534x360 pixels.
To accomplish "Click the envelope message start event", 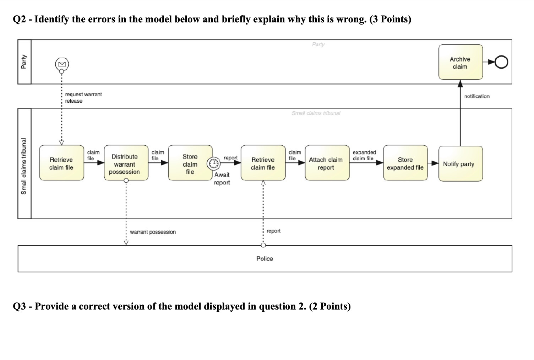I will tap(62, 64).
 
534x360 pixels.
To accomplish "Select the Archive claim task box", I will tap(461, 62).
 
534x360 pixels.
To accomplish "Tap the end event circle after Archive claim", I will tap(501, 63).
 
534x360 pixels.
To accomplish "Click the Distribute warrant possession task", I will tap(126, 163).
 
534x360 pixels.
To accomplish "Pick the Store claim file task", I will tap(190, 163).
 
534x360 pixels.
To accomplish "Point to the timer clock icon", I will tap(213, 163).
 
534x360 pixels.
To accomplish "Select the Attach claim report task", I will tap(327, 163).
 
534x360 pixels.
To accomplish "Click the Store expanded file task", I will tap(405, 163).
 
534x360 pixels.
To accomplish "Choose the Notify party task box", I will tap(461, 164).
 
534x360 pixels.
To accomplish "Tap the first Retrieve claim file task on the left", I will tap(61, 163).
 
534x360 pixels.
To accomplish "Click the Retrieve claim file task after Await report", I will tap(263, 163).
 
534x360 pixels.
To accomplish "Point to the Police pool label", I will tap(265, 259).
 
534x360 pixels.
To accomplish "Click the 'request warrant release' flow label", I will tap(83, 98).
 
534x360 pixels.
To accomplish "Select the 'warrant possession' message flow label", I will tap(153, 232).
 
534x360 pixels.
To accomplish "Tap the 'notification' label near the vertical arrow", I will tap(476, 96).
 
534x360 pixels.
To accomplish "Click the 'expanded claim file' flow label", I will tap(364, 155).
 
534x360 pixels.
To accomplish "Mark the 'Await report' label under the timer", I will tap(222, 178).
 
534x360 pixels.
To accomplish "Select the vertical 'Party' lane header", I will tap(24, 61).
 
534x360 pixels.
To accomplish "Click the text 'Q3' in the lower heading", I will tap(20, 306).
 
